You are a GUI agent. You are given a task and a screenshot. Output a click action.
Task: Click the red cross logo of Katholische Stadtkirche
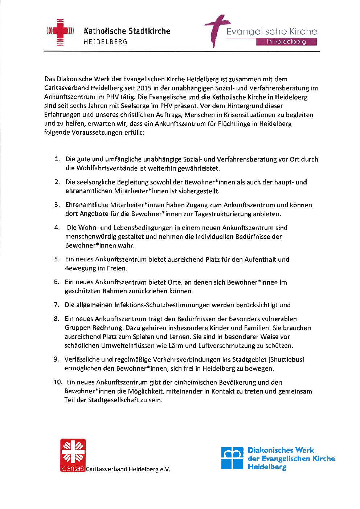(60, 32)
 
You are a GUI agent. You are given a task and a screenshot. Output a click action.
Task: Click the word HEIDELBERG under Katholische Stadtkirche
(105, 42)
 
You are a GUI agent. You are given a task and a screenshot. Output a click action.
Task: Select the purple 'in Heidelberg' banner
(286, 42)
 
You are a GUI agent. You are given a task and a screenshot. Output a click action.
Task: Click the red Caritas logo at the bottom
(73, 455)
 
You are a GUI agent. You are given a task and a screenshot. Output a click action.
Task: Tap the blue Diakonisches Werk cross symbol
(232, 458)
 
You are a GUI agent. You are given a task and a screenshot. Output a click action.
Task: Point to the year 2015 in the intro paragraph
(144, 88)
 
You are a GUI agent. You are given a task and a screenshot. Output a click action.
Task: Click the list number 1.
(57, 159)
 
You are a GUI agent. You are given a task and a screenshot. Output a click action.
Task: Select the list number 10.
(58, 382)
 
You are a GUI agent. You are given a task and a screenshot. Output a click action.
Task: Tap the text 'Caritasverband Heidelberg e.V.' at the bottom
(128, 469)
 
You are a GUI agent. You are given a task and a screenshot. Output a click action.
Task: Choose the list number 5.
(57, 259)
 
